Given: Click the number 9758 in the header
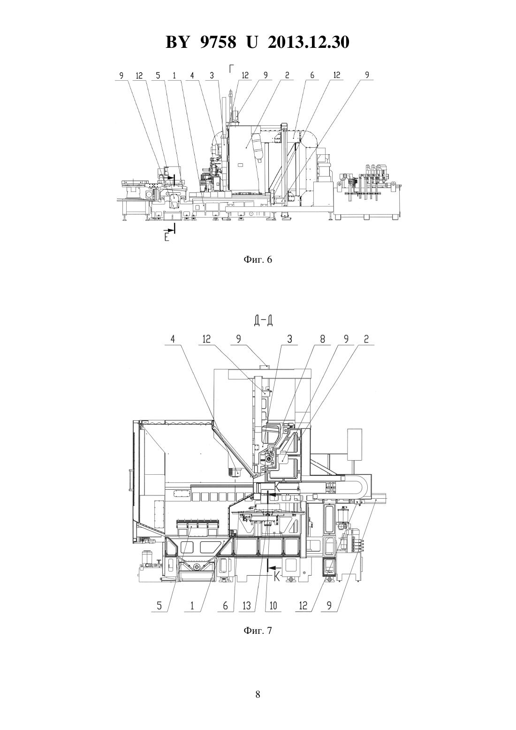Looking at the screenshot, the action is tap(218, 42).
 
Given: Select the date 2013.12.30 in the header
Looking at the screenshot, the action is tap(309, 42).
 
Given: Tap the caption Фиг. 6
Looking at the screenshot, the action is tap(258, 259).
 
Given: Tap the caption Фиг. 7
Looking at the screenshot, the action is tap(258, 630).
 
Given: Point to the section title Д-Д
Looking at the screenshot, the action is tap(263, 321).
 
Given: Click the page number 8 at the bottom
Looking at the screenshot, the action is tap(258, 694).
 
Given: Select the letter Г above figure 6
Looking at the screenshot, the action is tap(231, 69).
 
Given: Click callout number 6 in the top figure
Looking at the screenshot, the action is tap(312, 75).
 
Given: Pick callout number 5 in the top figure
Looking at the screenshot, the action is tap(158, 75).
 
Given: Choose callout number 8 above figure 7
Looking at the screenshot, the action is tap(322, 339).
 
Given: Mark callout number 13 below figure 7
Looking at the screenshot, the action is tap(247, 606).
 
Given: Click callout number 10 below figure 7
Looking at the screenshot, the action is tap(273, 606).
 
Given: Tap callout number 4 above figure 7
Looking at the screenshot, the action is tap(173, 339).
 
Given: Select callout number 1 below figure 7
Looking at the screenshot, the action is tap(192, 606).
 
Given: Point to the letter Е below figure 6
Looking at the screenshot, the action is tap(167, 237).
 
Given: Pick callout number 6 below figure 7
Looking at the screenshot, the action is tap(226, 606).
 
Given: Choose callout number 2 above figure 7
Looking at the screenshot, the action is tap(366, 339).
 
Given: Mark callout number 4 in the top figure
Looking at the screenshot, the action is tap(192, 75).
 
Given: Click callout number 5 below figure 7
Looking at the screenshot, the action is tap(159, 606).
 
